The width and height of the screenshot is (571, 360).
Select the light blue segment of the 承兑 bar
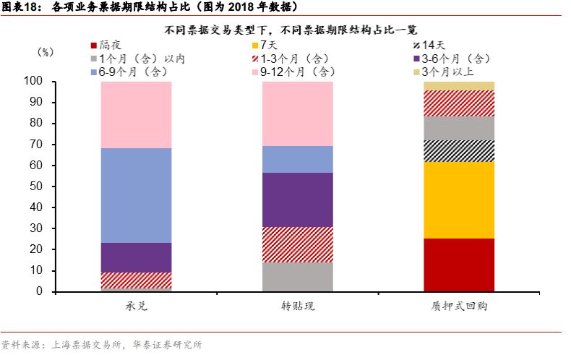[x=136, y=195]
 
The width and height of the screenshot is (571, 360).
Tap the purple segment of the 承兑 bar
[x=136, y=257]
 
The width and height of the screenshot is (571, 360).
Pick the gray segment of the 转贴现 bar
[x=297, y=277]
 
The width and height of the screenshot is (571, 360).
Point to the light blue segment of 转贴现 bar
[x=297, y=159]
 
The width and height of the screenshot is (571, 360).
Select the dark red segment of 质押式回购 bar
[x=458, y=265]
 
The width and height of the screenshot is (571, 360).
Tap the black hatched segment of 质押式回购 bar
[x=458, y=151]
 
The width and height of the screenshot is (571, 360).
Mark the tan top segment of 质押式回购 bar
[x=458, y=85]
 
